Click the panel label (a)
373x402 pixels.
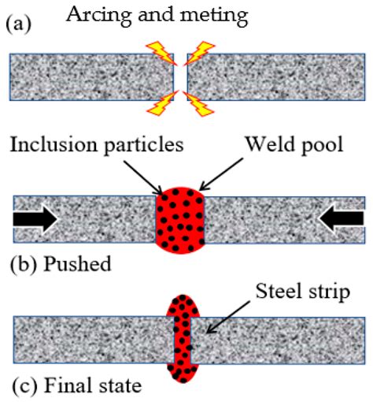17,23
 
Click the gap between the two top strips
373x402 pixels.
179,76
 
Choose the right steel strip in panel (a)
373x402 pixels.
275,76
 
